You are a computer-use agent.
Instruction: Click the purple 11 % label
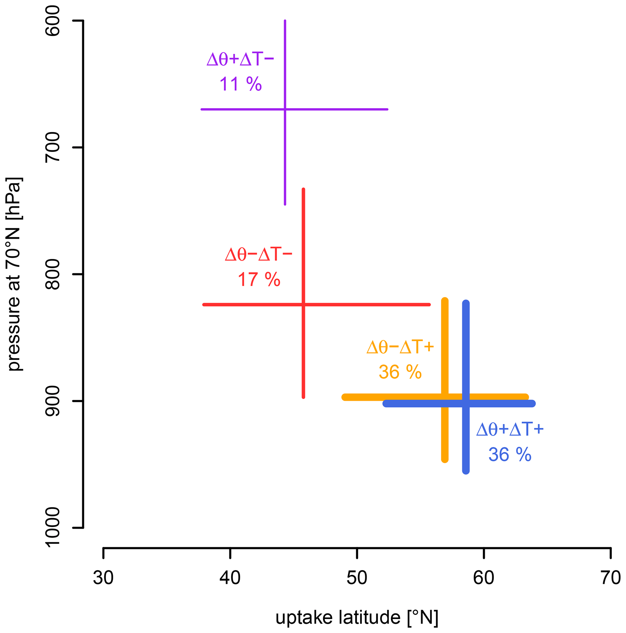coord(240,84)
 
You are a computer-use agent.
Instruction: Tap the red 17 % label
coord(259,279)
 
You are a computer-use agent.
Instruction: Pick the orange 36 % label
coord(400,372)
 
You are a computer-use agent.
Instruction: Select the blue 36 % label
coord(510,454)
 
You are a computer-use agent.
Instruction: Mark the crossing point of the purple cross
coord(285,109)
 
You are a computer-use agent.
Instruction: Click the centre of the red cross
coord(303,305)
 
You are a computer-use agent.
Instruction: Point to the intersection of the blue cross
coord(466,404)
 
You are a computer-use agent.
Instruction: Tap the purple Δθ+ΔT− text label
coord(240,60)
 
